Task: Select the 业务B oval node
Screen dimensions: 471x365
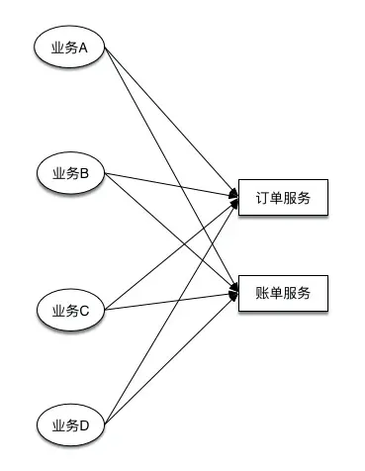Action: pos(69,174)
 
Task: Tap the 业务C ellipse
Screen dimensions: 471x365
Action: pos(69,311)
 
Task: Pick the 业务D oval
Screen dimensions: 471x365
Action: pos(69,425)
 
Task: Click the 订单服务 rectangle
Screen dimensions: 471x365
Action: pos(282,198)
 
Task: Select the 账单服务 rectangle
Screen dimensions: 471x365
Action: pos(282,293)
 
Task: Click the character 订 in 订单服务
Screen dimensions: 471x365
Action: pos(261,198)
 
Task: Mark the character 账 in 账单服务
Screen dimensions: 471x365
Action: pos(261,293)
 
